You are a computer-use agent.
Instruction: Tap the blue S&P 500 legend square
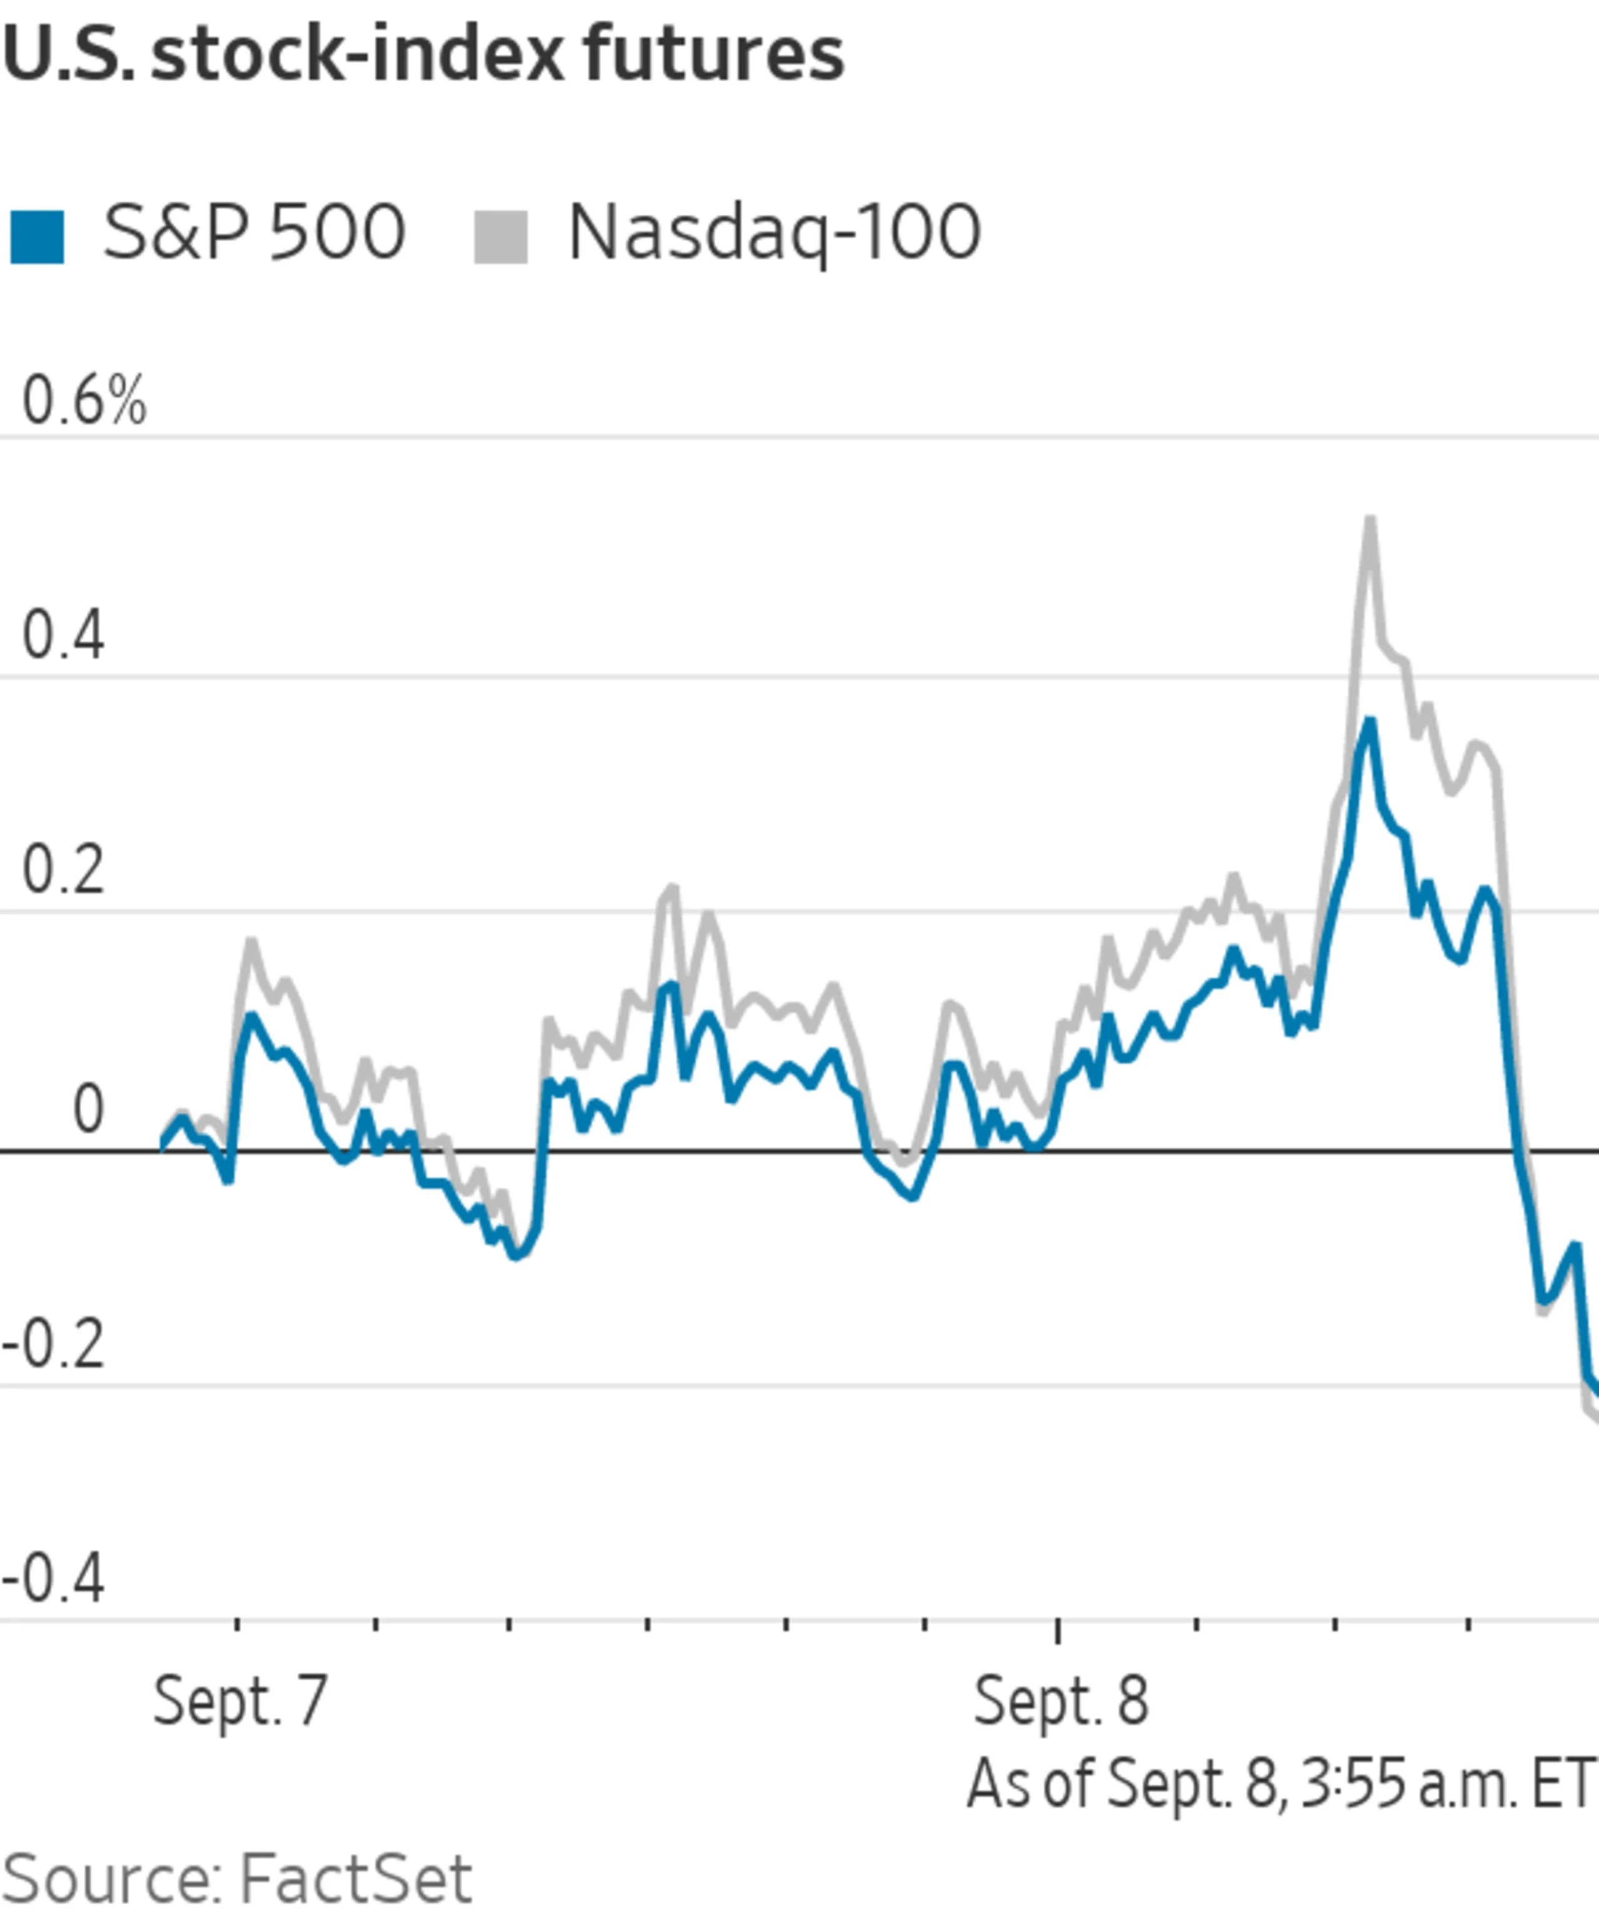(37, 237)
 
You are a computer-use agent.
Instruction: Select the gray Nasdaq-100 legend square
(501, 237)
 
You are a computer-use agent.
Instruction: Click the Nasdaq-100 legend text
(774, 233)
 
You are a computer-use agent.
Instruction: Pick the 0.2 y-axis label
(63, 870)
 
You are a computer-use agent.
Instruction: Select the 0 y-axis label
(87, 1110)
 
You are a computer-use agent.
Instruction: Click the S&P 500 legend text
(254, 233)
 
